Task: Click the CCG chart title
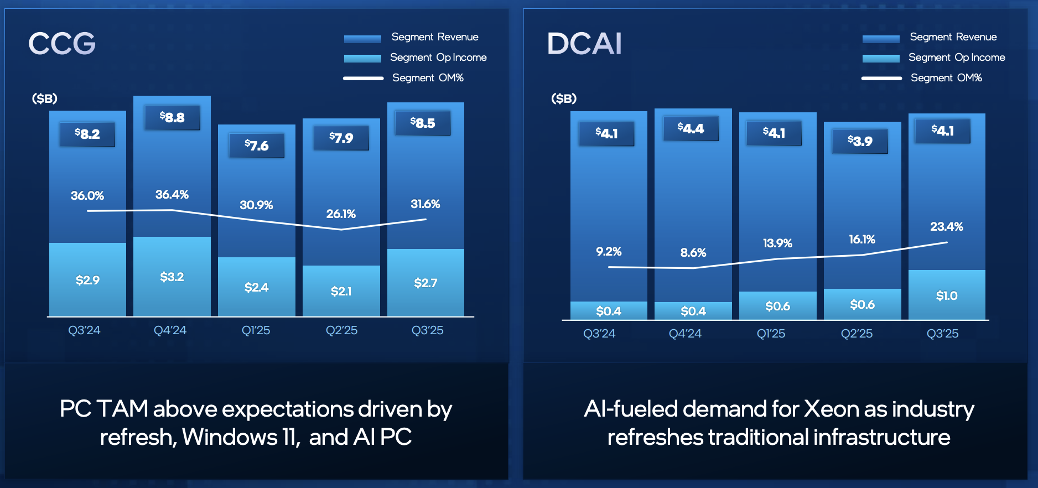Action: (x=62, y=43)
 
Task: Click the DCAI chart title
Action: (x=584, y=43)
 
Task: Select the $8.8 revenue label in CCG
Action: (x=172, y=117)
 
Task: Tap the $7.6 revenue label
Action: (x=257, y=146)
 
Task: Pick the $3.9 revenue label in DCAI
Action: (x=860, y=141)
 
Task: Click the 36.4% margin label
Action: (x=172, y=194)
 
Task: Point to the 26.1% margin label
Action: (x=341, y=214)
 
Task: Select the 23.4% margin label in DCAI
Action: (x=946, y=226)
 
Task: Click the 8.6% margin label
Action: (x=693, y=252)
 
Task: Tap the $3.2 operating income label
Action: (x=172, y=277)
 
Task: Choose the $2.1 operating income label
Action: (x=341, y=291)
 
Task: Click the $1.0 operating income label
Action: (x=947, y=296)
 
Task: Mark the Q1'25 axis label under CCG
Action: (x=256, y=330)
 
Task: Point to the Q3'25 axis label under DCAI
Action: (x=942, y=334)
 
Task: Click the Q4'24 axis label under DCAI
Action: (x=685, y=334)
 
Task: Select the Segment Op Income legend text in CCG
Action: (x=438, y=58)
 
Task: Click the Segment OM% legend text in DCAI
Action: (x=946, y=78)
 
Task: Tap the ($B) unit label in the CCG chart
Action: (x=45, y=98)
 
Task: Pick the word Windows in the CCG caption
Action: (x=230, y=437)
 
